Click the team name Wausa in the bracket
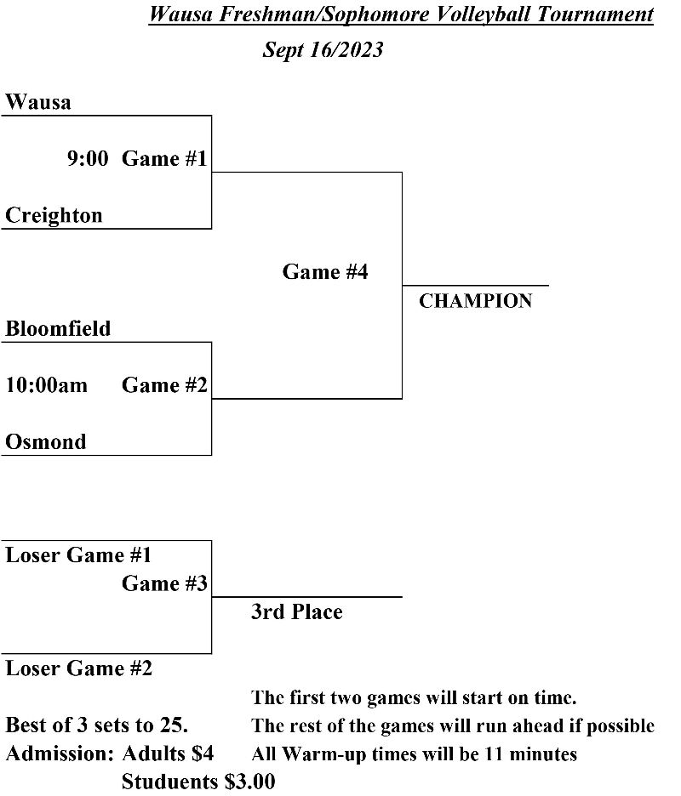point(38,103)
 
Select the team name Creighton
point(54,216)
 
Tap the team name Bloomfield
point(58,329)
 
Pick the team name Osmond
point(46,442)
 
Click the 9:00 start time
point(88,159)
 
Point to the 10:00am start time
point(46,385)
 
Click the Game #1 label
point(164,159)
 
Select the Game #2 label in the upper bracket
point(164,385)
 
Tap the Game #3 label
point(164,583)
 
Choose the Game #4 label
point(325,272)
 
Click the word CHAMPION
point(475,301)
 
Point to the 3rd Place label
point(296,612)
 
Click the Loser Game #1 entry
point(78,555)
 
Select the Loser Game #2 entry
point(78,668)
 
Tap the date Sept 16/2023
point(323,50)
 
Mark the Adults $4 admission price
point(168,753)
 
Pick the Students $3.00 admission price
point(198,782)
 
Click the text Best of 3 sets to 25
point(96,725)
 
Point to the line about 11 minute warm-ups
point(414,753)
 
